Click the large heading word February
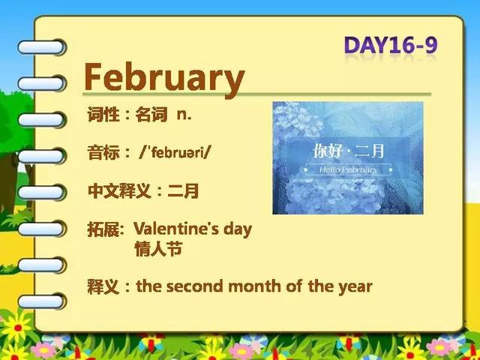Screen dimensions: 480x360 (x=164, y=78)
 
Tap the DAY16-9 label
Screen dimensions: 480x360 (x=391, y=45)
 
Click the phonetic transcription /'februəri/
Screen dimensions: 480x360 (x=175, y=152)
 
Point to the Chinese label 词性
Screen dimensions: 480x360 (x=103, y=115)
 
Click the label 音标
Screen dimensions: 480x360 (x=103, y=152)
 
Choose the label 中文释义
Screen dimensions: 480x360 (x=119, y=190)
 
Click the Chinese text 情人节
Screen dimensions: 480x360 (x=158, y=249)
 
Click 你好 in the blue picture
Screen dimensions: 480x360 (x=327, y=151)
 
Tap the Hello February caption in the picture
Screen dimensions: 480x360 (x=348, y=169)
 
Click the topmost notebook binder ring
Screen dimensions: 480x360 (x=42, y=47)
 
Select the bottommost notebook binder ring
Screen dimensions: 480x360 (x=42, y=301)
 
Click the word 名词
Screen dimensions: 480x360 (x=151, y=115)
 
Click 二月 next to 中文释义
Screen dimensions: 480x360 (x=183, y=190)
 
